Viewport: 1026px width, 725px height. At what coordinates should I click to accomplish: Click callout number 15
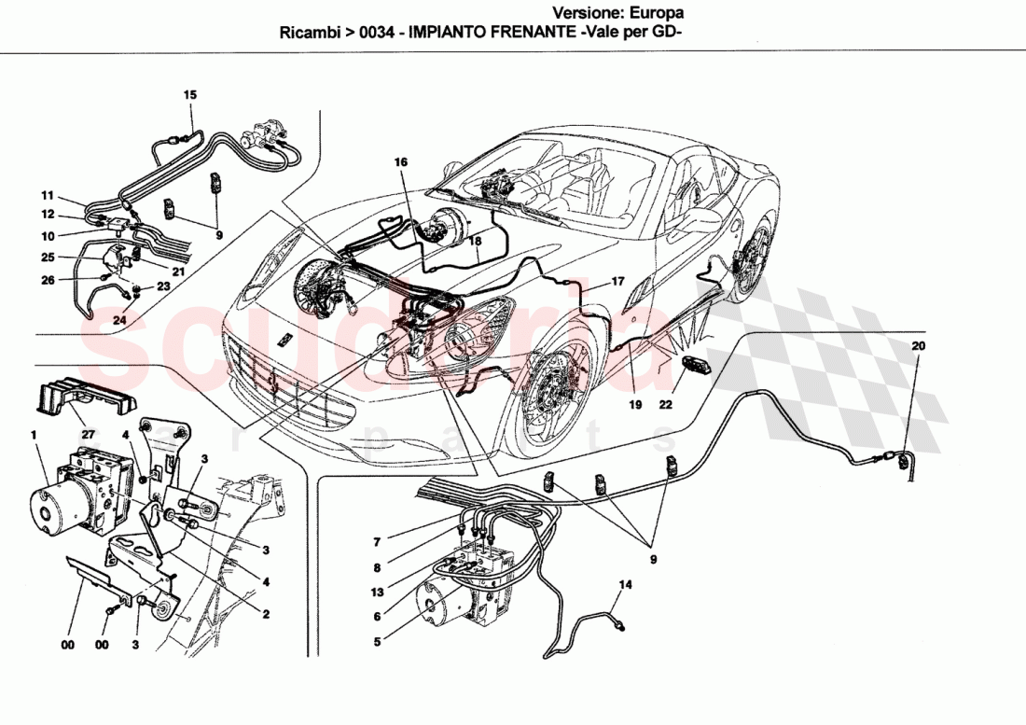[x=190, y=95]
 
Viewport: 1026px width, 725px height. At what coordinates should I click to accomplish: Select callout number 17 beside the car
[x=617, y=281]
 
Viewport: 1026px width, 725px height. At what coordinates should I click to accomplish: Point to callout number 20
[x=918, y=346]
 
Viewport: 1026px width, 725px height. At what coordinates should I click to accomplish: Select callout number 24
[x=119, y=321]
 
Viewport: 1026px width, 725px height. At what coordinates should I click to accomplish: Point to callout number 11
[x=47, y=196]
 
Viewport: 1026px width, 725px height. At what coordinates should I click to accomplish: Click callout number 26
[x=47, y=280]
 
